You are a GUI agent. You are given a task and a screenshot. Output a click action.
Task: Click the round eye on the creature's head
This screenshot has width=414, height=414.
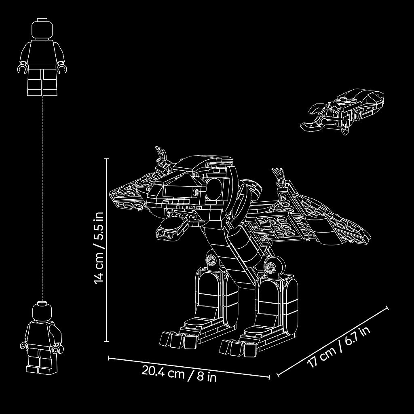click(x=215, y=189)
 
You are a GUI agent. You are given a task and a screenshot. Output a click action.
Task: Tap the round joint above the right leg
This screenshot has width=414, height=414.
click(x=273, y=268)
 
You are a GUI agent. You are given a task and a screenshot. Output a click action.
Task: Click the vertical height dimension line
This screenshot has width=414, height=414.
click(x=107, y=250)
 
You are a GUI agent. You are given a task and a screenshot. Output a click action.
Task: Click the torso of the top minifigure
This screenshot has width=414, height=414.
click(x=42, y=53)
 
